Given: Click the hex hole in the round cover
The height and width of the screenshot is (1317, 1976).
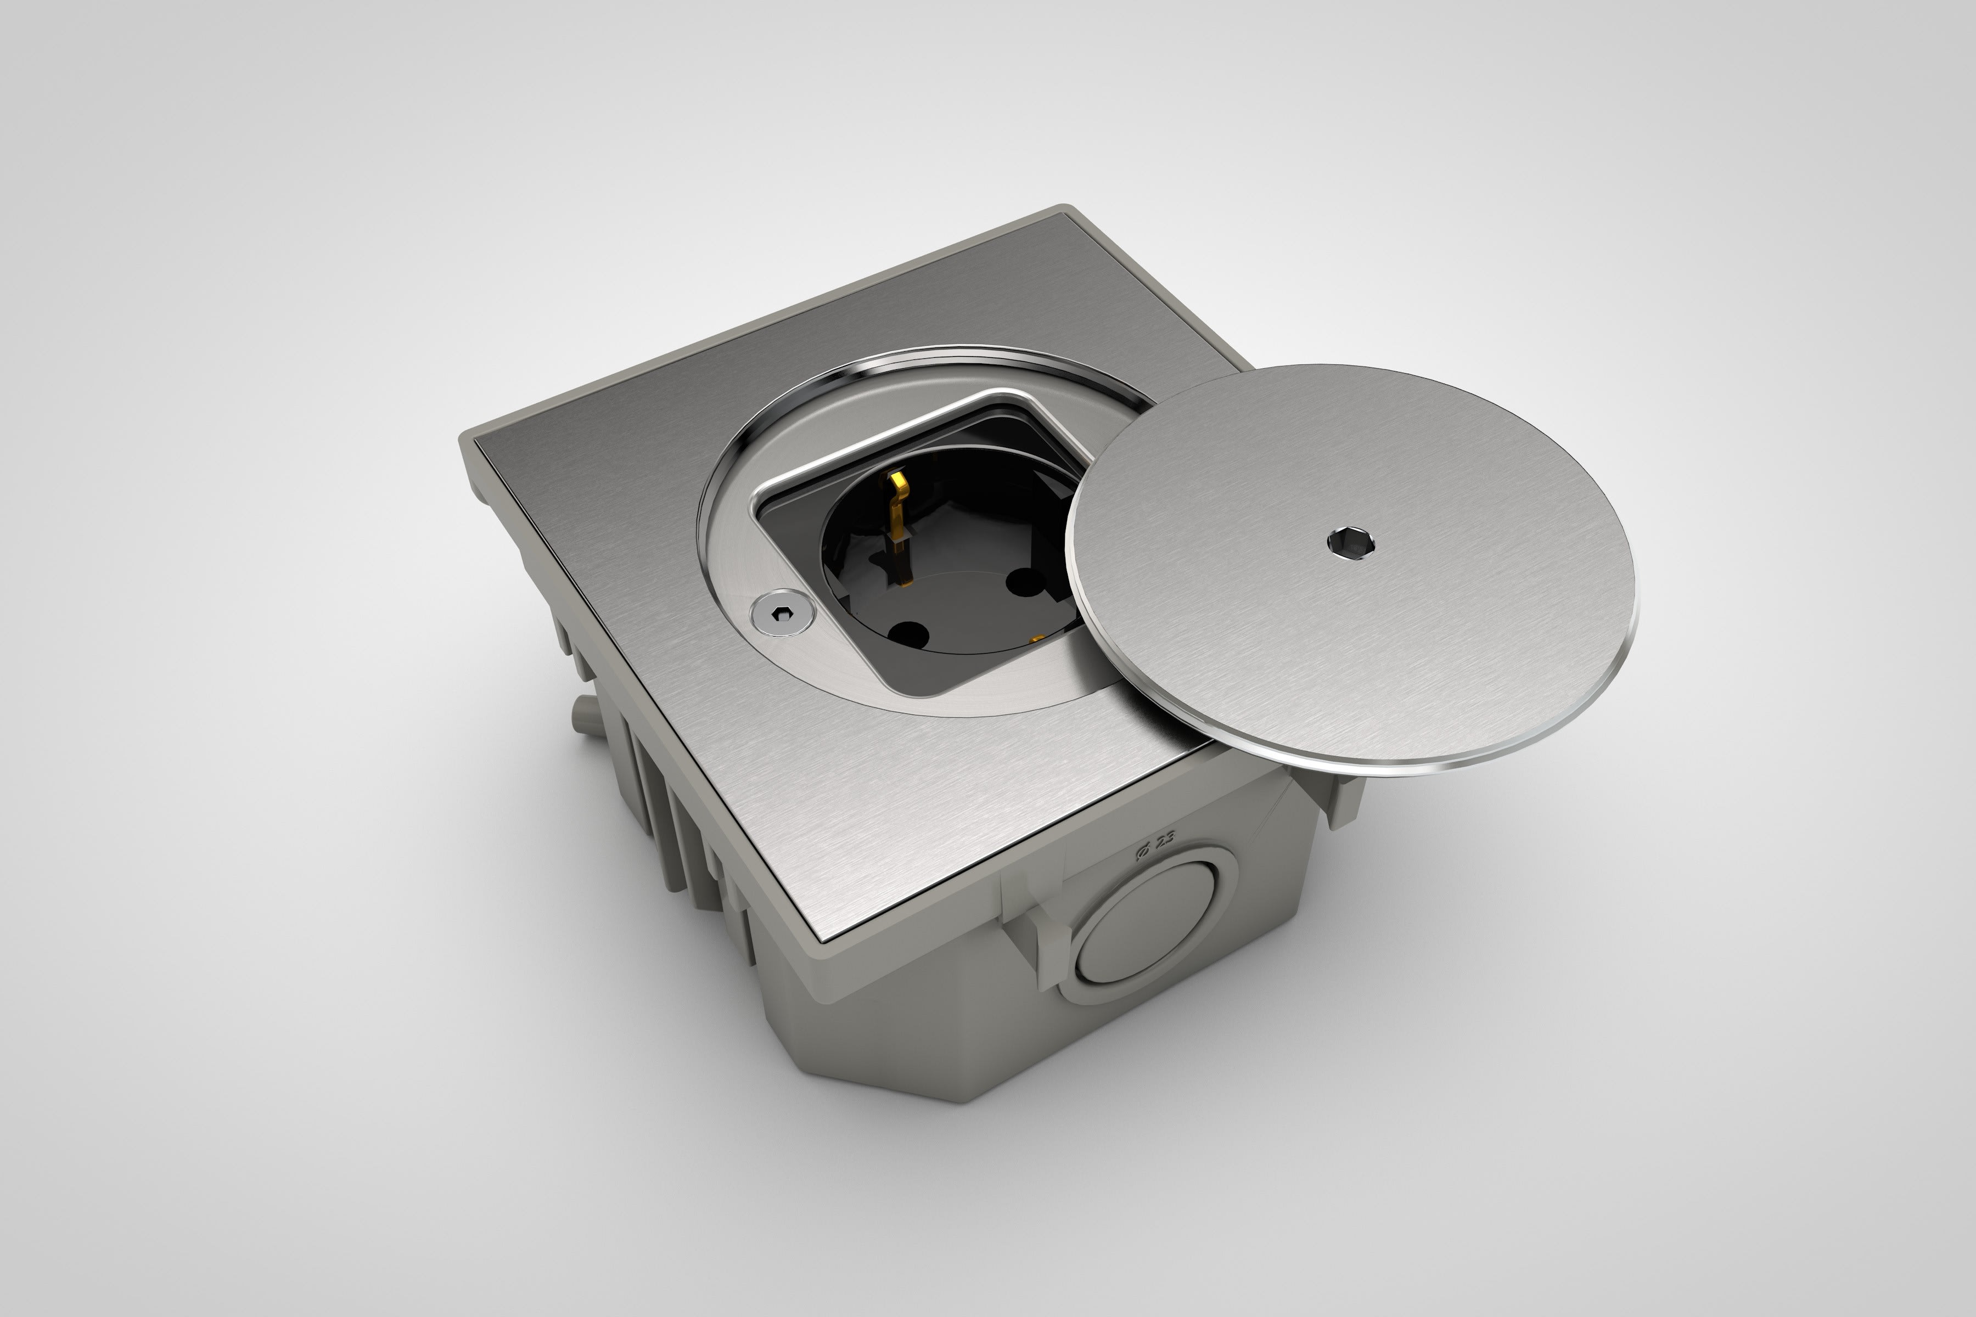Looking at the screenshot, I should (1351, 543).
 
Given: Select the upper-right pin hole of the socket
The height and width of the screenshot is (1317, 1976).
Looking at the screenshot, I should (1023, 579).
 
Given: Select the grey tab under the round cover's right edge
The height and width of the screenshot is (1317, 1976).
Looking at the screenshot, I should (1344, 798).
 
